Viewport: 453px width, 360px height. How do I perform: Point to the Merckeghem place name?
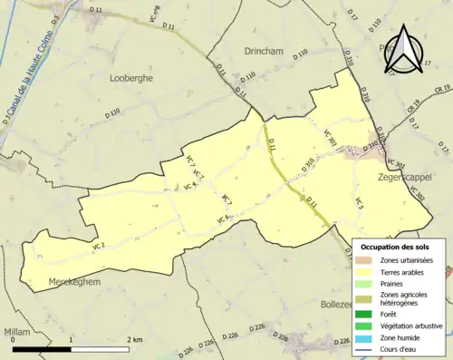(69, 280)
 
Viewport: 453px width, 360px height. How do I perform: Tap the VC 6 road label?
(224, 219)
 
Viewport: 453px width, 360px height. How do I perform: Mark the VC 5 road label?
(360, 204)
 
